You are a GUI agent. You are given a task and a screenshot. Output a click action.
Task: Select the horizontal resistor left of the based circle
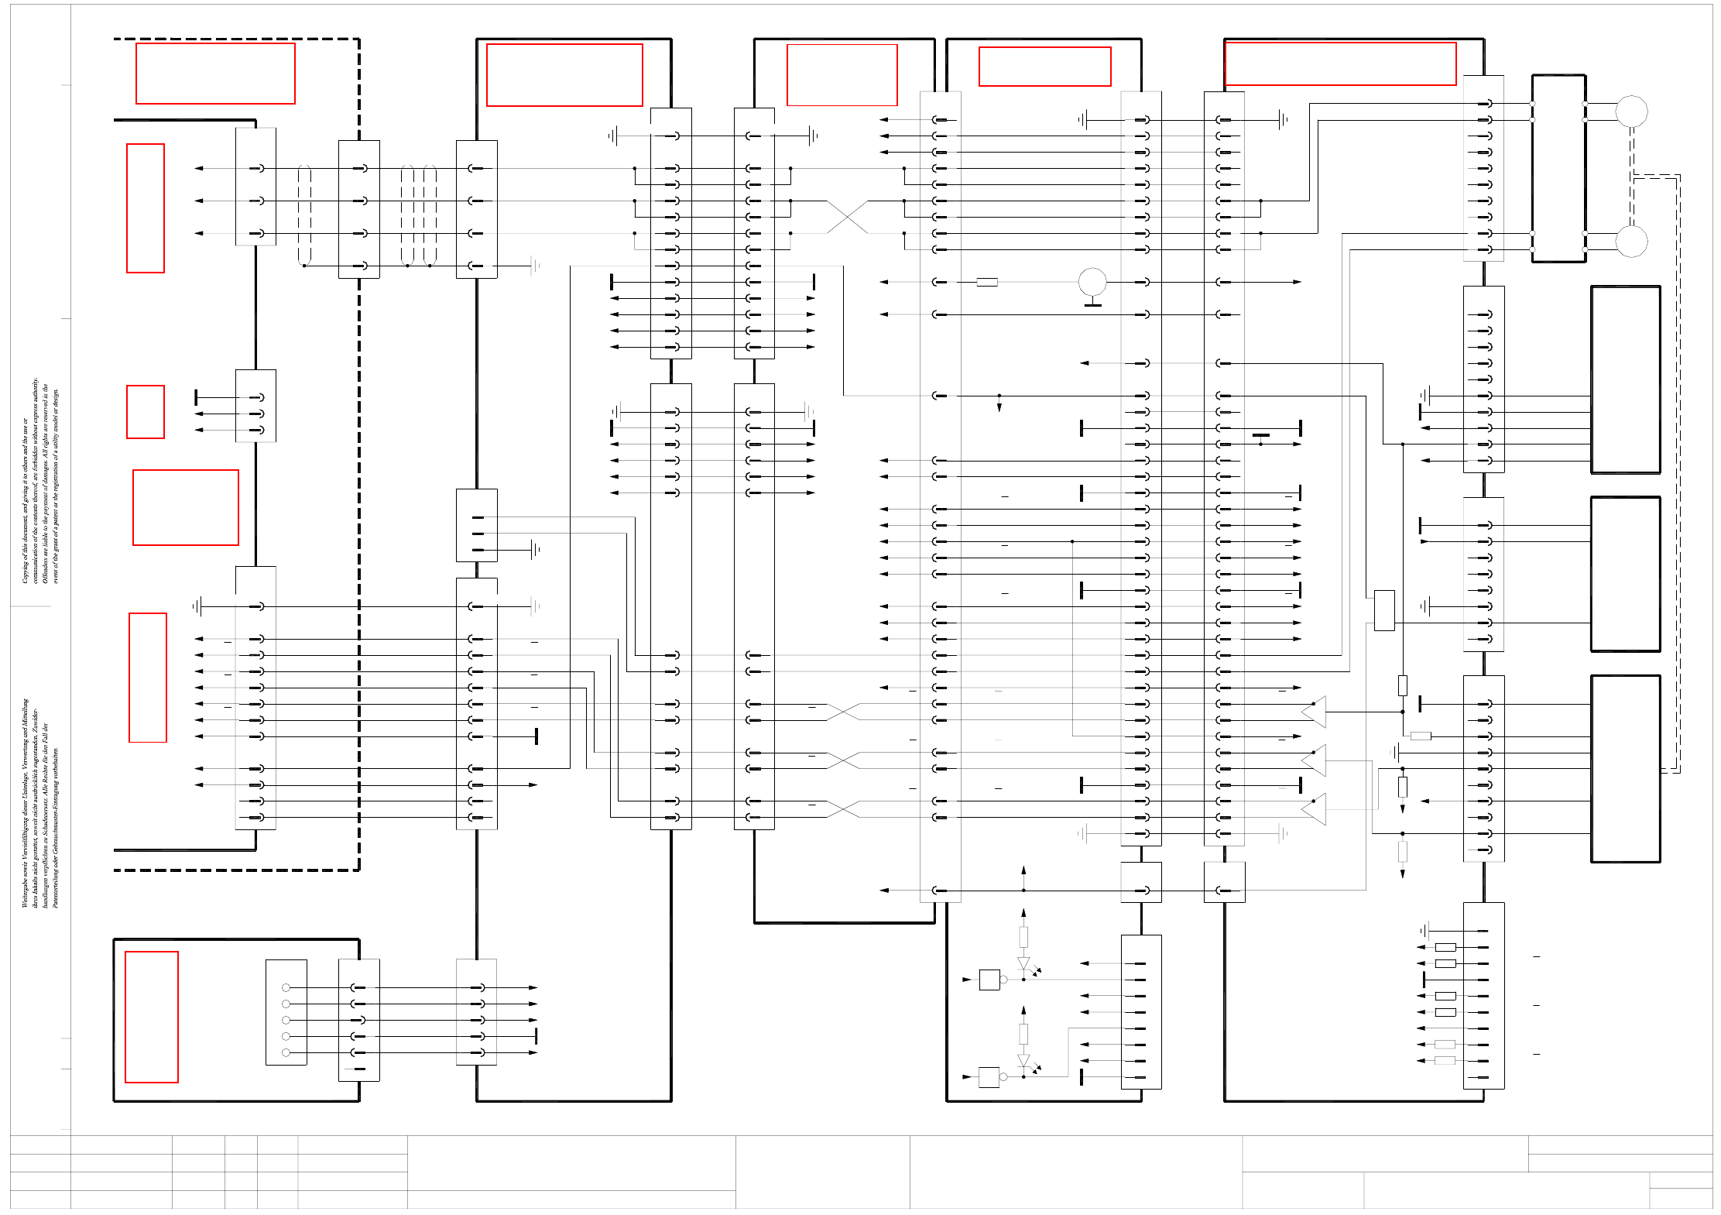(x=986, y=282)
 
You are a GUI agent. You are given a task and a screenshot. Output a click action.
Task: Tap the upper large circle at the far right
(x=1631, y=112)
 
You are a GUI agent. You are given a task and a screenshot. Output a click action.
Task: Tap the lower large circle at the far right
(x=1631, y=242)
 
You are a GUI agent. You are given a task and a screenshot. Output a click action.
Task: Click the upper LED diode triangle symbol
(x=1023, y=964)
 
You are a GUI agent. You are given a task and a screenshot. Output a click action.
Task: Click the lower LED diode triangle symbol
(x=1023, y=1061)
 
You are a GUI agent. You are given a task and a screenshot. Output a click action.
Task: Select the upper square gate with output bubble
(x=989, y=980)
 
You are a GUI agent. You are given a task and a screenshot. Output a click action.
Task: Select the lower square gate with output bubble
(x=989, y=1077)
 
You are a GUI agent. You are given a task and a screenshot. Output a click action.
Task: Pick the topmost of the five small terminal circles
(x=286, y=987)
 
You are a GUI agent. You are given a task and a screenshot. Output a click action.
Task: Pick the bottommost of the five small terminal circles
(x=286, y=1052)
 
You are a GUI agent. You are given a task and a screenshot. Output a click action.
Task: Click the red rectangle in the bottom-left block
(x=152, y=1017)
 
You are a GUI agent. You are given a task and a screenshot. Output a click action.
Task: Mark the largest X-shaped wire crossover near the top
(x=848, y=217)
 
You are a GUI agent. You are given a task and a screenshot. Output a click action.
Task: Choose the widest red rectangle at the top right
(x=1340, y=63)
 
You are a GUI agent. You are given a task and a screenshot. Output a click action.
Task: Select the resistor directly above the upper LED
(x=1023, y=937)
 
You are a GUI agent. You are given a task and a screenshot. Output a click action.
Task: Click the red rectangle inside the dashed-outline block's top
(x=215, y=74)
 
